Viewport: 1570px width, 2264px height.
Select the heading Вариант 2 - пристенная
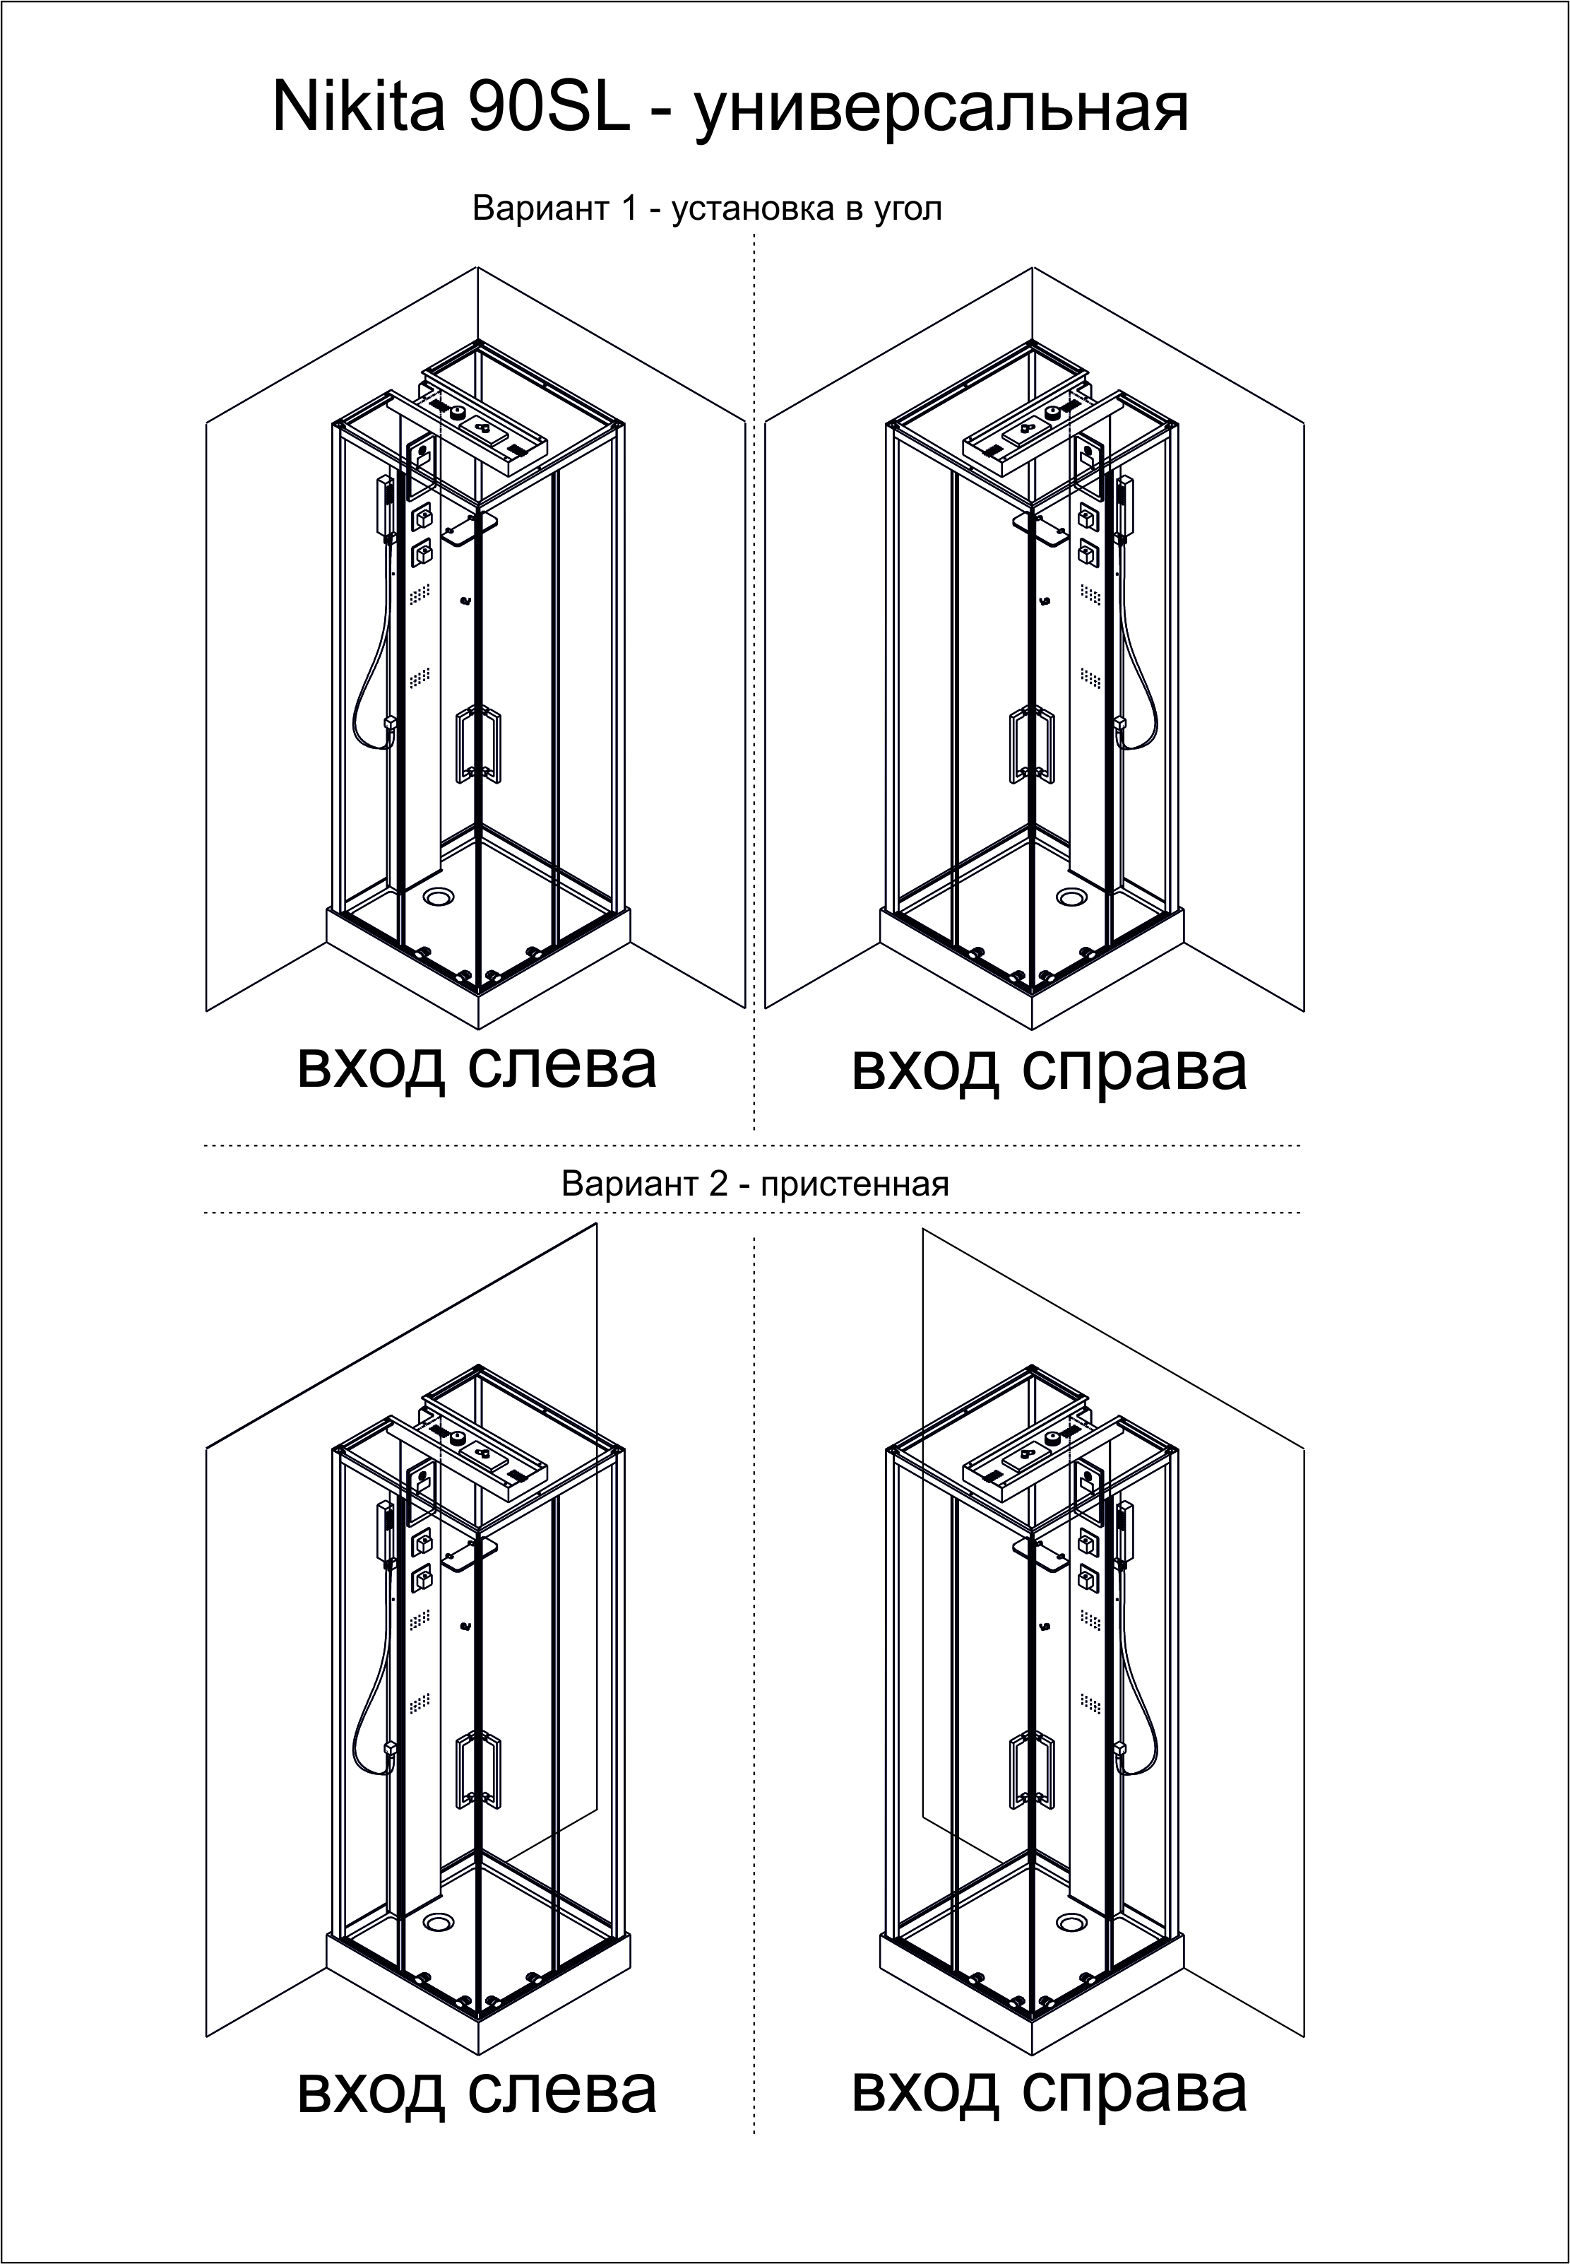click(x=754, y=1183)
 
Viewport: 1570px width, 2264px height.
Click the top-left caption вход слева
click(x=477, y=1065)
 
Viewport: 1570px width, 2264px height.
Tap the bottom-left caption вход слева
click(x=477, y=2090)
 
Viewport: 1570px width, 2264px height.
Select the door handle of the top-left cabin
click(x=478, y=745)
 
